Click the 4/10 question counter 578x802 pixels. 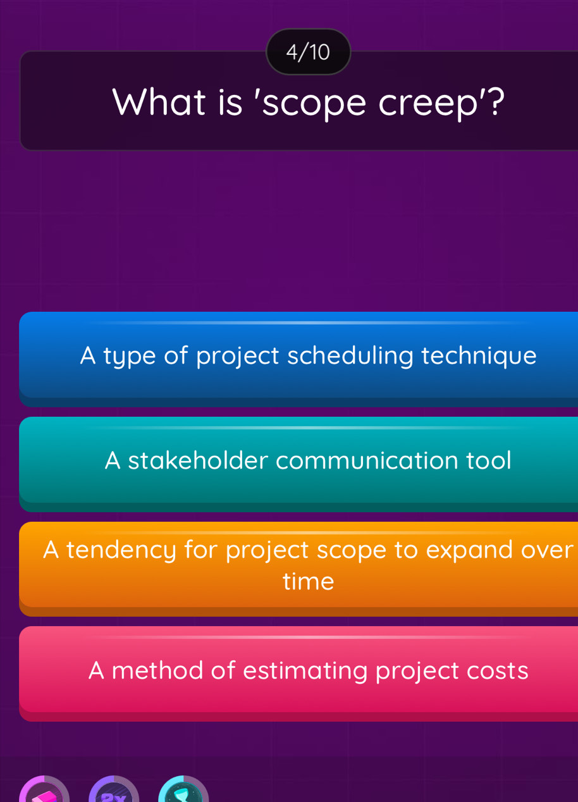[x=308, y=52]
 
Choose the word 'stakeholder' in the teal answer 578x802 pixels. [x=197, y=460]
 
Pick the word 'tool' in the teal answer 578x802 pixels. [x=489, y=460]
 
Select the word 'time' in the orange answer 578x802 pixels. [x=308, y=581]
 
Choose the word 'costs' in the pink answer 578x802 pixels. [x=496, y=670]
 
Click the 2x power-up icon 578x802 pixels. [x=113, y=793]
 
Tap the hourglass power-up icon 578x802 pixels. [x=183, y=792]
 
